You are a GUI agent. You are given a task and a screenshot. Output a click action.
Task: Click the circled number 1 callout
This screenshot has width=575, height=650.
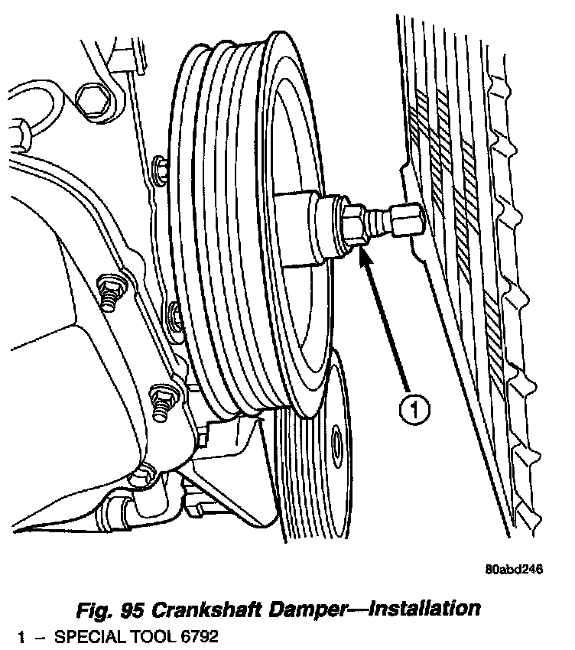pyautogui.click(x=414, y=409)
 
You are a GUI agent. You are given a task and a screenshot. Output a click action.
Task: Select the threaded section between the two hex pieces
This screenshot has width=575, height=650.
pyautogui.click(x=378, y=223)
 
